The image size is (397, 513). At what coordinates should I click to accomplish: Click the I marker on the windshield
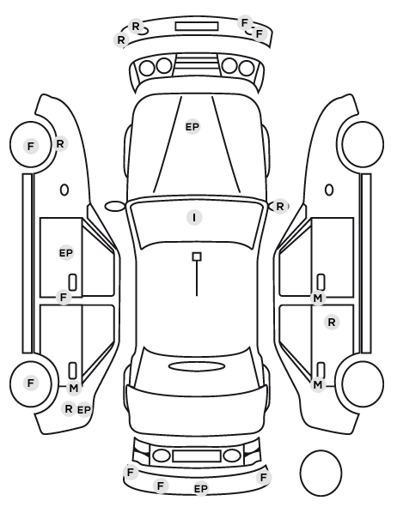(194, 218)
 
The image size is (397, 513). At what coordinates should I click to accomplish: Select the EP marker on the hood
(192, 127)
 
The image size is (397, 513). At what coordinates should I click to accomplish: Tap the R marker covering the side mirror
(279, 207)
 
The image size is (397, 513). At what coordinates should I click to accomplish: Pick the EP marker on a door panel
(66, 253)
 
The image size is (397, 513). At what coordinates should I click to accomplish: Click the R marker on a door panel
(332, 323)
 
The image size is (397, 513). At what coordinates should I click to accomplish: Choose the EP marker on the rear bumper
(201, 489)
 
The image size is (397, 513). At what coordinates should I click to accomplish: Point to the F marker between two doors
(64, 298)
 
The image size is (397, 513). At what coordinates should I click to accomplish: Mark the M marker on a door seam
(318, 298)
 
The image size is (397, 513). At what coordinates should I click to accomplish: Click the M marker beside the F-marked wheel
(74, 389)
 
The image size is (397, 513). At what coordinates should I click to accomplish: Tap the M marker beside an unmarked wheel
(318, 384)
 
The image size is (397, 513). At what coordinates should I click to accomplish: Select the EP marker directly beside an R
(83, 409)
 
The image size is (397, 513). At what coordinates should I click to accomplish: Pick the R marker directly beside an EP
(69, 408)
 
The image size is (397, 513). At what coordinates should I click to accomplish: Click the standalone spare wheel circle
(321, 473)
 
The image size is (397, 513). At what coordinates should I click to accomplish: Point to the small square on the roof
(197, 256)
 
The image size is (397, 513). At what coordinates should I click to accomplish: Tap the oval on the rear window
(197, 366)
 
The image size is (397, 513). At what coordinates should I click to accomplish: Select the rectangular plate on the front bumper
(197, 27)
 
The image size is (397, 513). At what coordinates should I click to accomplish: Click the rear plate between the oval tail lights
(197, 456)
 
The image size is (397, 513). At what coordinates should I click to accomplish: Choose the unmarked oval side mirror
(115, 207)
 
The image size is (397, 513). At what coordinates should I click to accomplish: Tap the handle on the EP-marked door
(72, 282)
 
